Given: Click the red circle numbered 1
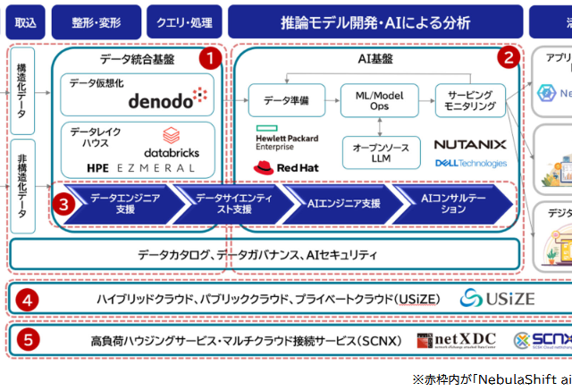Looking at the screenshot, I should pos(208,59).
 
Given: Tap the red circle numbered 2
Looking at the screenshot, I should pos(508,59).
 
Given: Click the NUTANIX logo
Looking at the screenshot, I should pos(470,144).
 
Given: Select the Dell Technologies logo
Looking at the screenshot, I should pos(470,164).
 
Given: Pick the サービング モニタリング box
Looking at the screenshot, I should pos(470,99).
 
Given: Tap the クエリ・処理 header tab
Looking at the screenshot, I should pos(182,21).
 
